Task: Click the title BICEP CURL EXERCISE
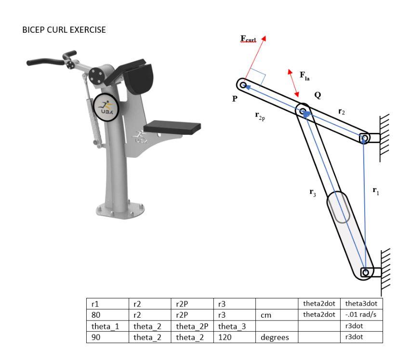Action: [x=64, y=30]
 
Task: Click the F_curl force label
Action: [x=249, y=39]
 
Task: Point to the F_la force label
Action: [x=304, y=75]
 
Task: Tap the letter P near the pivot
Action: [x=235, y=98]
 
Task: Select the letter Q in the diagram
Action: [x=317, y=95]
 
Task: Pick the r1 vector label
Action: [x=375, y=190]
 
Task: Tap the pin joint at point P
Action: [x=243, y=86]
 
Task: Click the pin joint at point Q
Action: [x=304, y=112]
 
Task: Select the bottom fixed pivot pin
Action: [x=365, y=272]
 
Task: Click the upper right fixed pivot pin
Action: [x=365, y=139]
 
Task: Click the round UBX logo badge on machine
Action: [x=105, y=106]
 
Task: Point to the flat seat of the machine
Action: [x=172, y=127]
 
